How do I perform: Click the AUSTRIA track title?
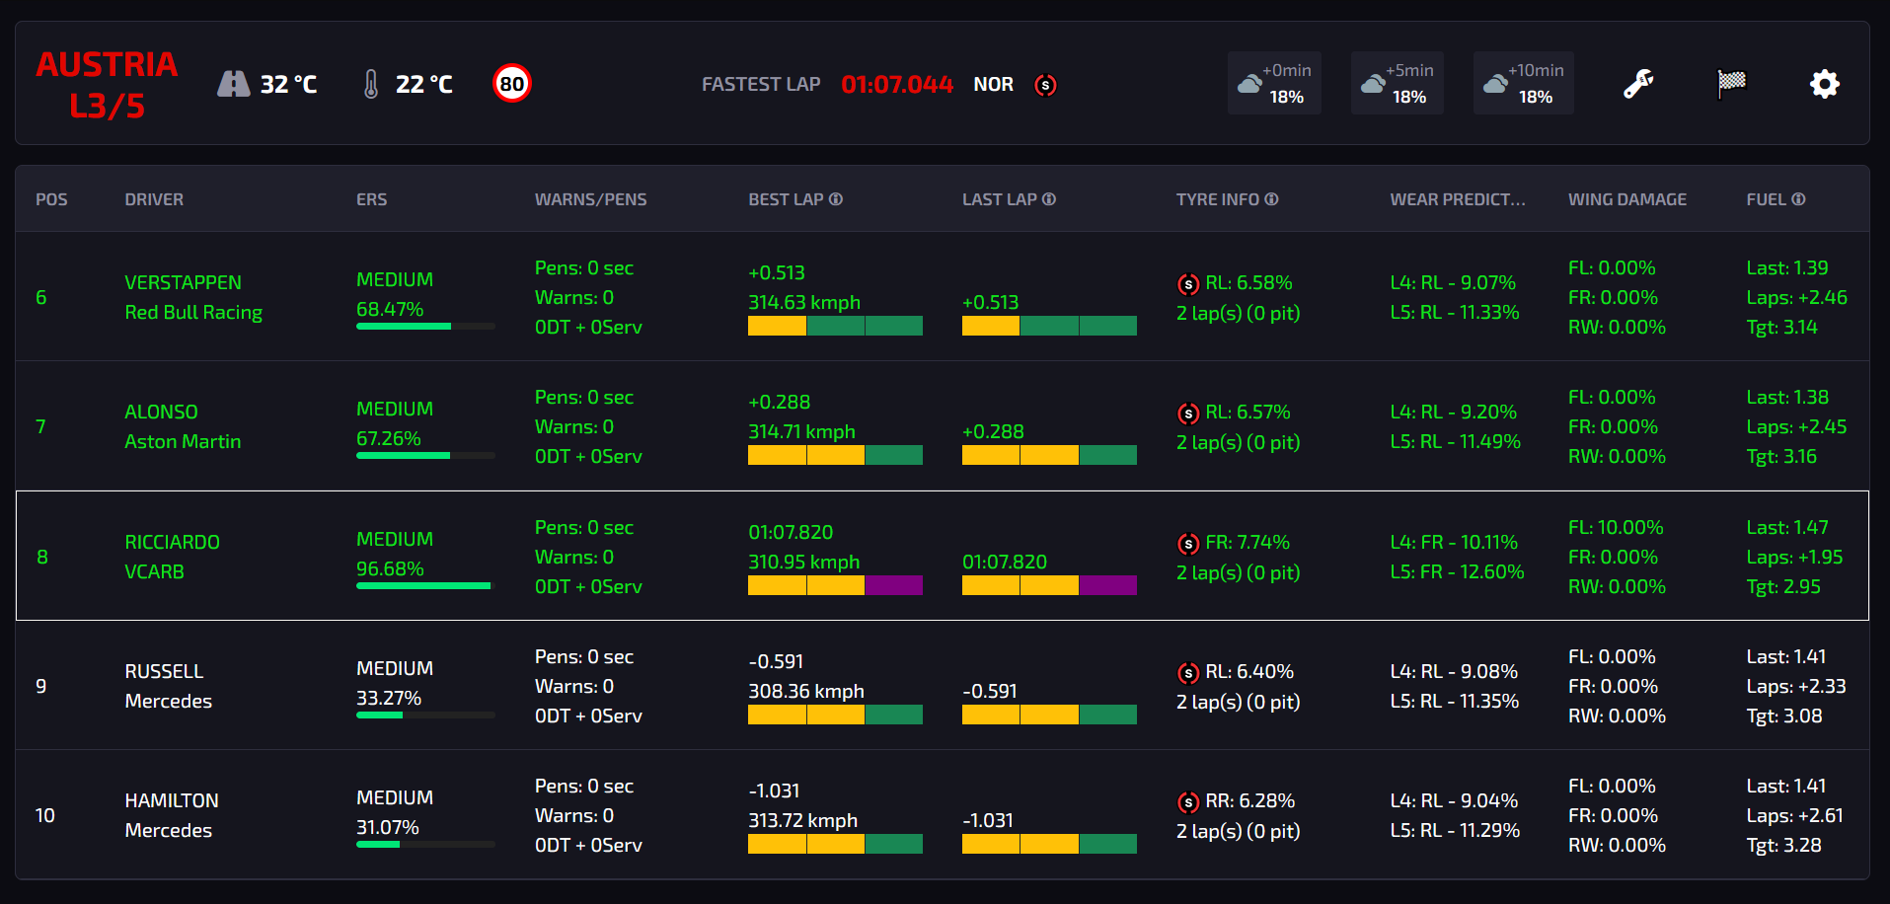click(107, 65)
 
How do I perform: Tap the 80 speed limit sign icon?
click(512, 84)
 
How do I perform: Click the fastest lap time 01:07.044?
click(896, 85)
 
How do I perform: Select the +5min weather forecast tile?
click(1397, 83)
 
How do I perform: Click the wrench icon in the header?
click(1638, 84)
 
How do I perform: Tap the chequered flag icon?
click(1731, 84)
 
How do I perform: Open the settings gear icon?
click(1824, 84)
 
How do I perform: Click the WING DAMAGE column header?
click(1626, 199)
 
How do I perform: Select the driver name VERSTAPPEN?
click(183, 283)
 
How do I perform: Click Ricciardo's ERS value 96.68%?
click(390, 569)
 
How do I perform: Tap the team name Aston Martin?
click(183, 442)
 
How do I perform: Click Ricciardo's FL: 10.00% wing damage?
click(1616, 528)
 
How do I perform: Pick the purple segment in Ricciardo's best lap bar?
click(894, 585)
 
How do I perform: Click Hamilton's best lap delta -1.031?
click(774, 791)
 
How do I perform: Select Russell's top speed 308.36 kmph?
click(805, 692)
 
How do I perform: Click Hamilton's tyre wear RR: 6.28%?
click(1249, 801)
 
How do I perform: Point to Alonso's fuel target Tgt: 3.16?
click(1780, 457)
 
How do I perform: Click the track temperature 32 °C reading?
click(287, 85)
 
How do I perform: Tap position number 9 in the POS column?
click(41, 686)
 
